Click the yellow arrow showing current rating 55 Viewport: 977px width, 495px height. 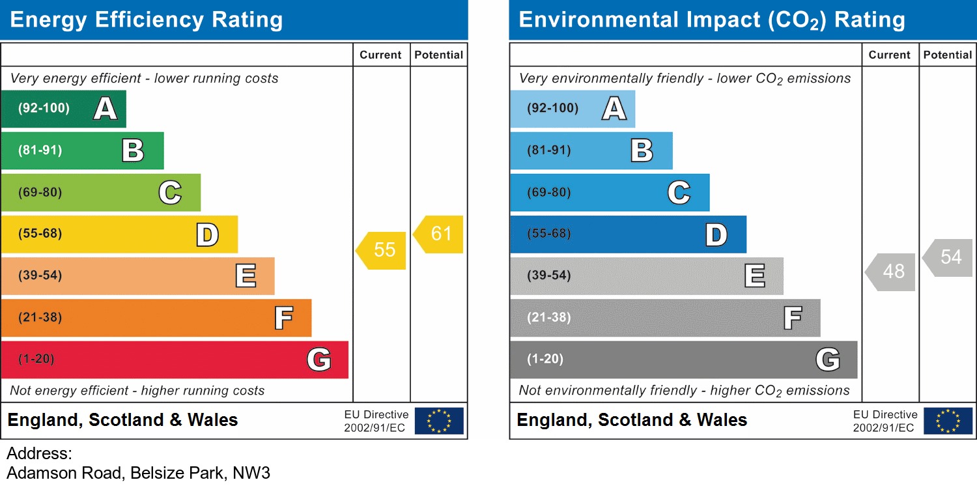click(382, 250)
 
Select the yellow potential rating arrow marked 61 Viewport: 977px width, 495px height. click(440, 234)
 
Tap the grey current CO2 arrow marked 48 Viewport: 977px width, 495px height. click(892, 271)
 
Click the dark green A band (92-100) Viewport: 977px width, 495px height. click(63, 109)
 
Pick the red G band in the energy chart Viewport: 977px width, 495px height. click(175, 360)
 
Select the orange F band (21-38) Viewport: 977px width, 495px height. click(156, 318)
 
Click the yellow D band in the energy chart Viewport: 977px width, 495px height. click(119, 234)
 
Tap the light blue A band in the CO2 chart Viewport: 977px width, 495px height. click(572, 109)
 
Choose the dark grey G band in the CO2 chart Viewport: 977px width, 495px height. click(683, 360)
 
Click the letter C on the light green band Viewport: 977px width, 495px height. click(170, 193)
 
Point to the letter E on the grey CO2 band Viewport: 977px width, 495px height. click(755, 276)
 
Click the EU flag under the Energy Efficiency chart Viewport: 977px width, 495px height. click(439, 421)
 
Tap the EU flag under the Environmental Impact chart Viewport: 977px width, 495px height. click(948, 421)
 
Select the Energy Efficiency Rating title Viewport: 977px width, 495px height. click(147, 20)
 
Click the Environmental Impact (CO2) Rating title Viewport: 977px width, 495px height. click(711, 20)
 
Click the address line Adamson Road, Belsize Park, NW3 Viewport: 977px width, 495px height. click(138, 473)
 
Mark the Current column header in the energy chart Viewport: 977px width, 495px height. click(380, 55)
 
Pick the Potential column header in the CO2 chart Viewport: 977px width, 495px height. click(948, 55)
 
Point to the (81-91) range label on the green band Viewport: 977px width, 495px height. click(40, 150)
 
